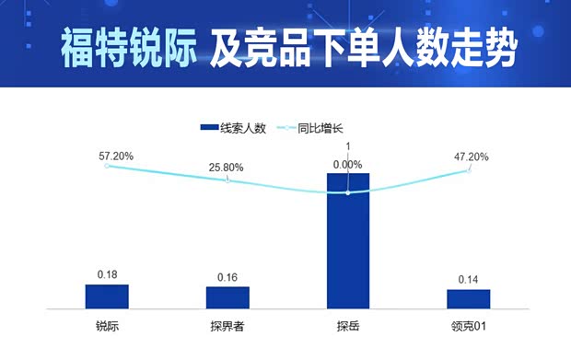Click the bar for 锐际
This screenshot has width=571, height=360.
pos(107,296)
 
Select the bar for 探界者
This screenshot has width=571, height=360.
pos(227,296)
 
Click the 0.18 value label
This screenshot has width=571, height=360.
pos(108,274)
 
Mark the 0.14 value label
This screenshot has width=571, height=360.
pos(469,279)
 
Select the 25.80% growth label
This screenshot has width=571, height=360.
pos(227,168)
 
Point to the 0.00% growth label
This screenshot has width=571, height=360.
pos(348,164)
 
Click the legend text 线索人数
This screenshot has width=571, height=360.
pos(243,129)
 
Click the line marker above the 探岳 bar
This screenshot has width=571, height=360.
pos(348,192)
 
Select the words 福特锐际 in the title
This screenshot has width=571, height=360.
pos(128,48)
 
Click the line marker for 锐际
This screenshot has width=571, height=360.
pos(107,166)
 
